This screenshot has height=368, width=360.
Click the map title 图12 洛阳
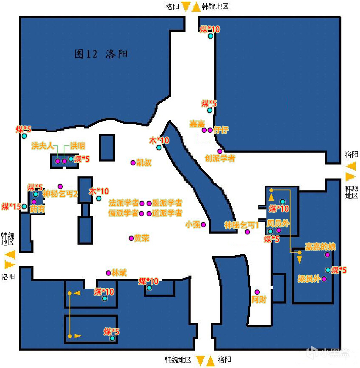[101, 54]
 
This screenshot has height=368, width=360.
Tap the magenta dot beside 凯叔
[133, 162]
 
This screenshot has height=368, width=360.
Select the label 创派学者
[219, 159]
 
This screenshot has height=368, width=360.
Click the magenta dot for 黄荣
[131, 238]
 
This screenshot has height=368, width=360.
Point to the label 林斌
[119, 273]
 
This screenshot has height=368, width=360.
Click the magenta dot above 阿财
[257, 292]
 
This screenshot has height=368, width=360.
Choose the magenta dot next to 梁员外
[324, 279]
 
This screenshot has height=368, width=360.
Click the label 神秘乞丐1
[241, 225]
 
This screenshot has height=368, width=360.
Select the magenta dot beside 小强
[203, 224]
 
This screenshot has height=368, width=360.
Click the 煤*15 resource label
[11, 206]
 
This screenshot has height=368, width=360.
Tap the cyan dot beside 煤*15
[24, 206]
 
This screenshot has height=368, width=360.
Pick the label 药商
[37, 209]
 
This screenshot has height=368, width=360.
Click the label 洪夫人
[42, 146]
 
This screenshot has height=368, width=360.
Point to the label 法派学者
[124, 203]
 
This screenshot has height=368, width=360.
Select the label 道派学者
[167, 213]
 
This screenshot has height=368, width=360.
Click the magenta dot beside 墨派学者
[149, 204]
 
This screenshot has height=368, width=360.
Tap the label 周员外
[278, 223]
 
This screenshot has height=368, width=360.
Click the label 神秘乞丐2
[60, 194]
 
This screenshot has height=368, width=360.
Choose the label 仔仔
[221, 130]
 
